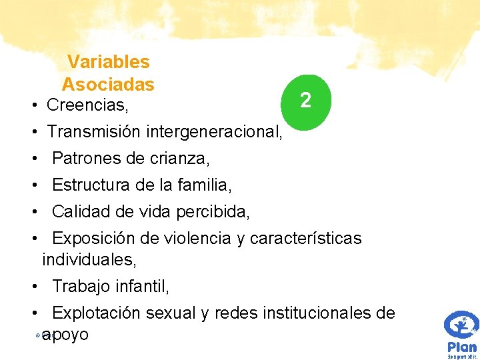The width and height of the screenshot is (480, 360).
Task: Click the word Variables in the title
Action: pos(108,62)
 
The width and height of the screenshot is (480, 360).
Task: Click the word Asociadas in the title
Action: pos(108,85)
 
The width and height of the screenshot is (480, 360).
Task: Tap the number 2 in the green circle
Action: pos(305,101)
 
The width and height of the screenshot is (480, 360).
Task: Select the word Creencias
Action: pos(87,105)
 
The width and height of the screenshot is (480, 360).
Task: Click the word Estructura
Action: pos(93,185)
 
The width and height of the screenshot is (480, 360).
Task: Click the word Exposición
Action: pos(96,239)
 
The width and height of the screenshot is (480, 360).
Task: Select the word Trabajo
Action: pos(81,287)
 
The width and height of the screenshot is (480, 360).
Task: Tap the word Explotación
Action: pos(98,313)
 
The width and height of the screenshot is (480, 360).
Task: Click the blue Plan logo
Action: pos(461,333)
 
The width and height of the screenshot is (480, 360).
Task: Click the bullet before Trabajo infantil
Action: pos(33,287)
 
